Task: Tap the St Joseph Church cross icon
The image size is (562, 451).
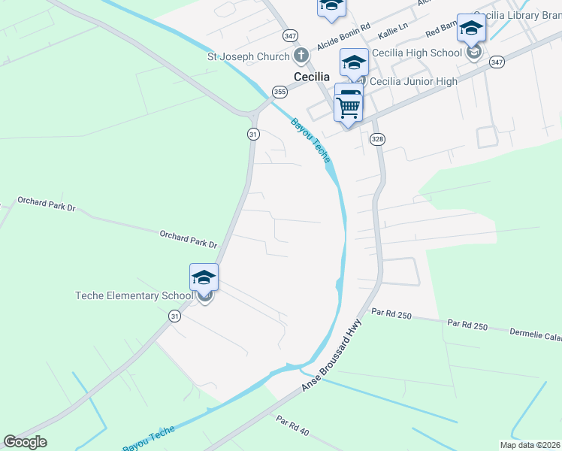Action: [301, 56]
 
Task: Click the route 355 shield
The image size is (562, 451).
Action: [279, 92]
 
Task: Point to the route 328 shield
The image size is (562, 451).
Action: [377, 139]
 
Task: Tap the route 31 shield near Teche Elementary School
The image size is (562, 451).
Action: [174, 316]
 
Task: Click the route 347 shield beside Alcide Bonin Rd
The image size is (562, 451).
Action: [291, 35]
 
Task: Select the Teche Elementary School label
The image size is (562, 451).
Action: [134, 295]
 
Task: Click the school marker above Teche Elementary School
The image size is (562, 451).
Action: [204, 277]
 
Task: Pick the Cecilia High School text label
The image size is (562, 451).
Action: [416, 53]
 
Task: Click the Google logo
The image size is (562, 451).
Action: [25, 442]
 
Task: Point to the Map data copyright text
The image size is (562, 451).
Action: [530, 445]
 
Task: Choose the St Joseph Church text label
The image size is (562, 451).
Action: [249, 56]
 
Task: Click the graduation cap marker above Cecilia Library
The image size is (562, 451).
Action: [471, 29]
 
